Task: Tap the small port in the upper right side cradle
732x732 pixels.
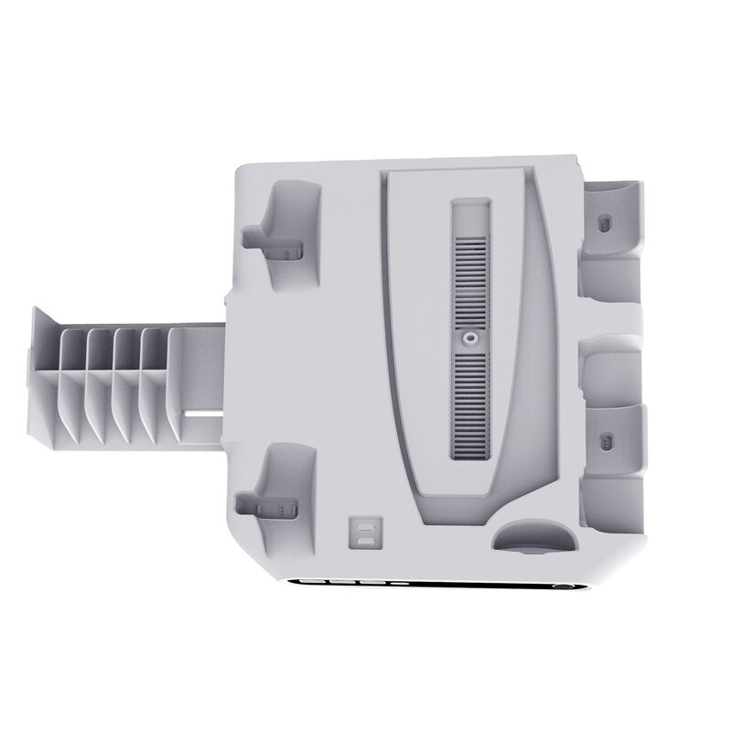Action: click(603, 222)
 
